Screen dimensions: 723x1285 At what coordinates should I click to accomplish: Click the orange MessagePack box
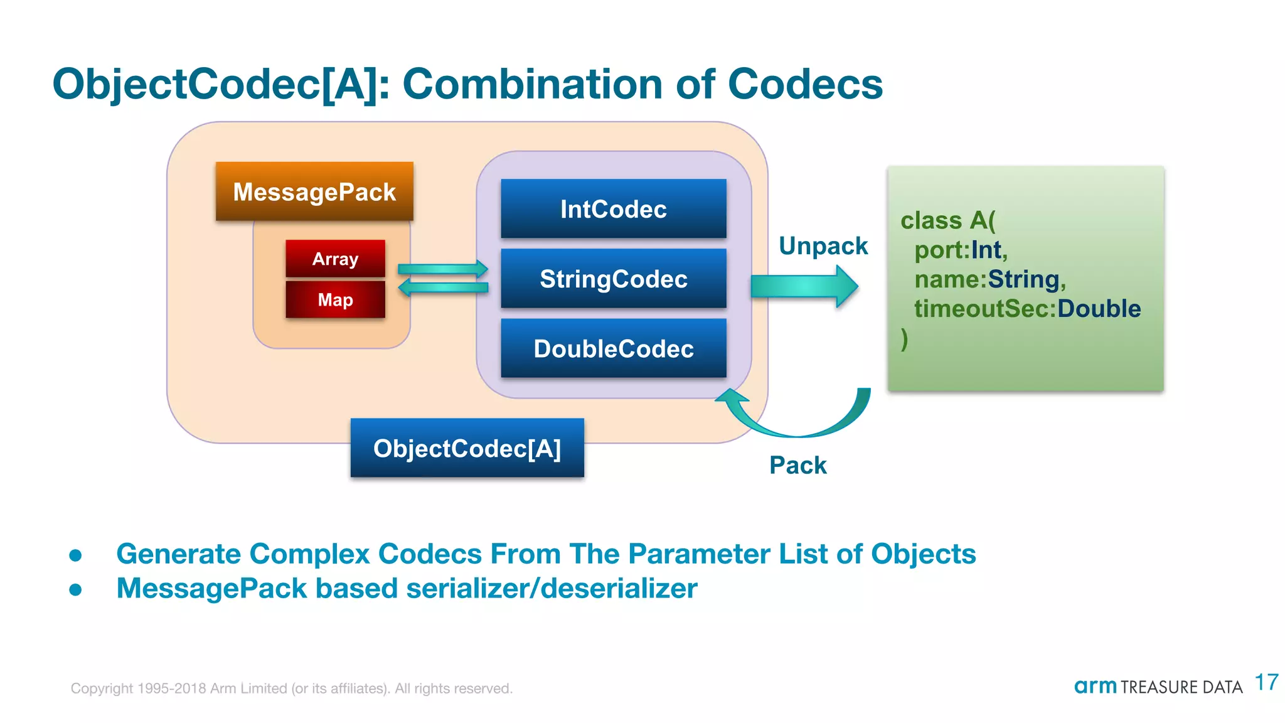coord(314,191)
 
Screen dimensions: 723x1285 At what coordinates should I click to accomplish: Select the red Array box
coord(335,259)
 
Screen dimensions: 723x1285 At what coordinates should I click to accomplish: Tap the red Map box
coord(335,299)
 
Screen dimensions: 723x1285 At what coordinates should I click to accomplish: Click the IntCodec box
coord(613,209)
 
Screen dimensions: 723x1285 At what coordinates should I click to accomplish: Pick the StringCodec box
coord(613,279)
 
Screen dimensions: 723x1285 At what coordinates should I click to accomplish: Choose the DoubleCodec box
coord(613,348)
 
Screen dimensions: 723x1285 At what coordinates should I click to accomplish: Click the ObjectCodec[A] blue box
coord(467,448)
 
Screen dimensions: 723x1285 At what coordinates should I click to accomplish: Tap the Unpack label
coord(823,246)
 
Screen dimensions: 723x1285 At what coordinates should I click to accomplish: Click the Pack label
coord(797,466)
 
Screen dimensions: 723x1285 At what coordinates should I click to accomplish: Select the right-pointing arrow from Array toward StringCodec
coord(443,269)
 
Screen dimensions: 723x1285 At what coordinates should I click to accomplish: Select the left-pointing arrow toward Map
coord(443,287)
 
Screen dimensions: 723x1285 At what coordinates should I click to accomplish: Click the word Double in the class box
coord(1099,309)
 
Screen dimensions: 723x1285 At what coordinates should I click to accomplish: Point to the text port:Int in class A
coord(960,250)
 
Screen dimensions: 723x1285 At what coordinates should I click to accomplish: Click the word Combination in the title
coord(533,84)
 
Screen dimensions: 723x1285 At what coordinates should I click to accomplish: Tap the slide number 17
coord(1266,682)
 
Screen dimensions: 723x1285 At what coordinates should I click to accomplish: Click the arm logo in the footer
coord(1095,687)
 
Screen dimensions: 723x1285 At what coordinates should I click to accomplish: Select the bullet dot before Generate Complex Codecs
coord(76,555)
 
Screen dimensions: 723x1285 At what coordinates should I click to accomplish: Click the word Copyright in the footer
coord(102,688)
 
